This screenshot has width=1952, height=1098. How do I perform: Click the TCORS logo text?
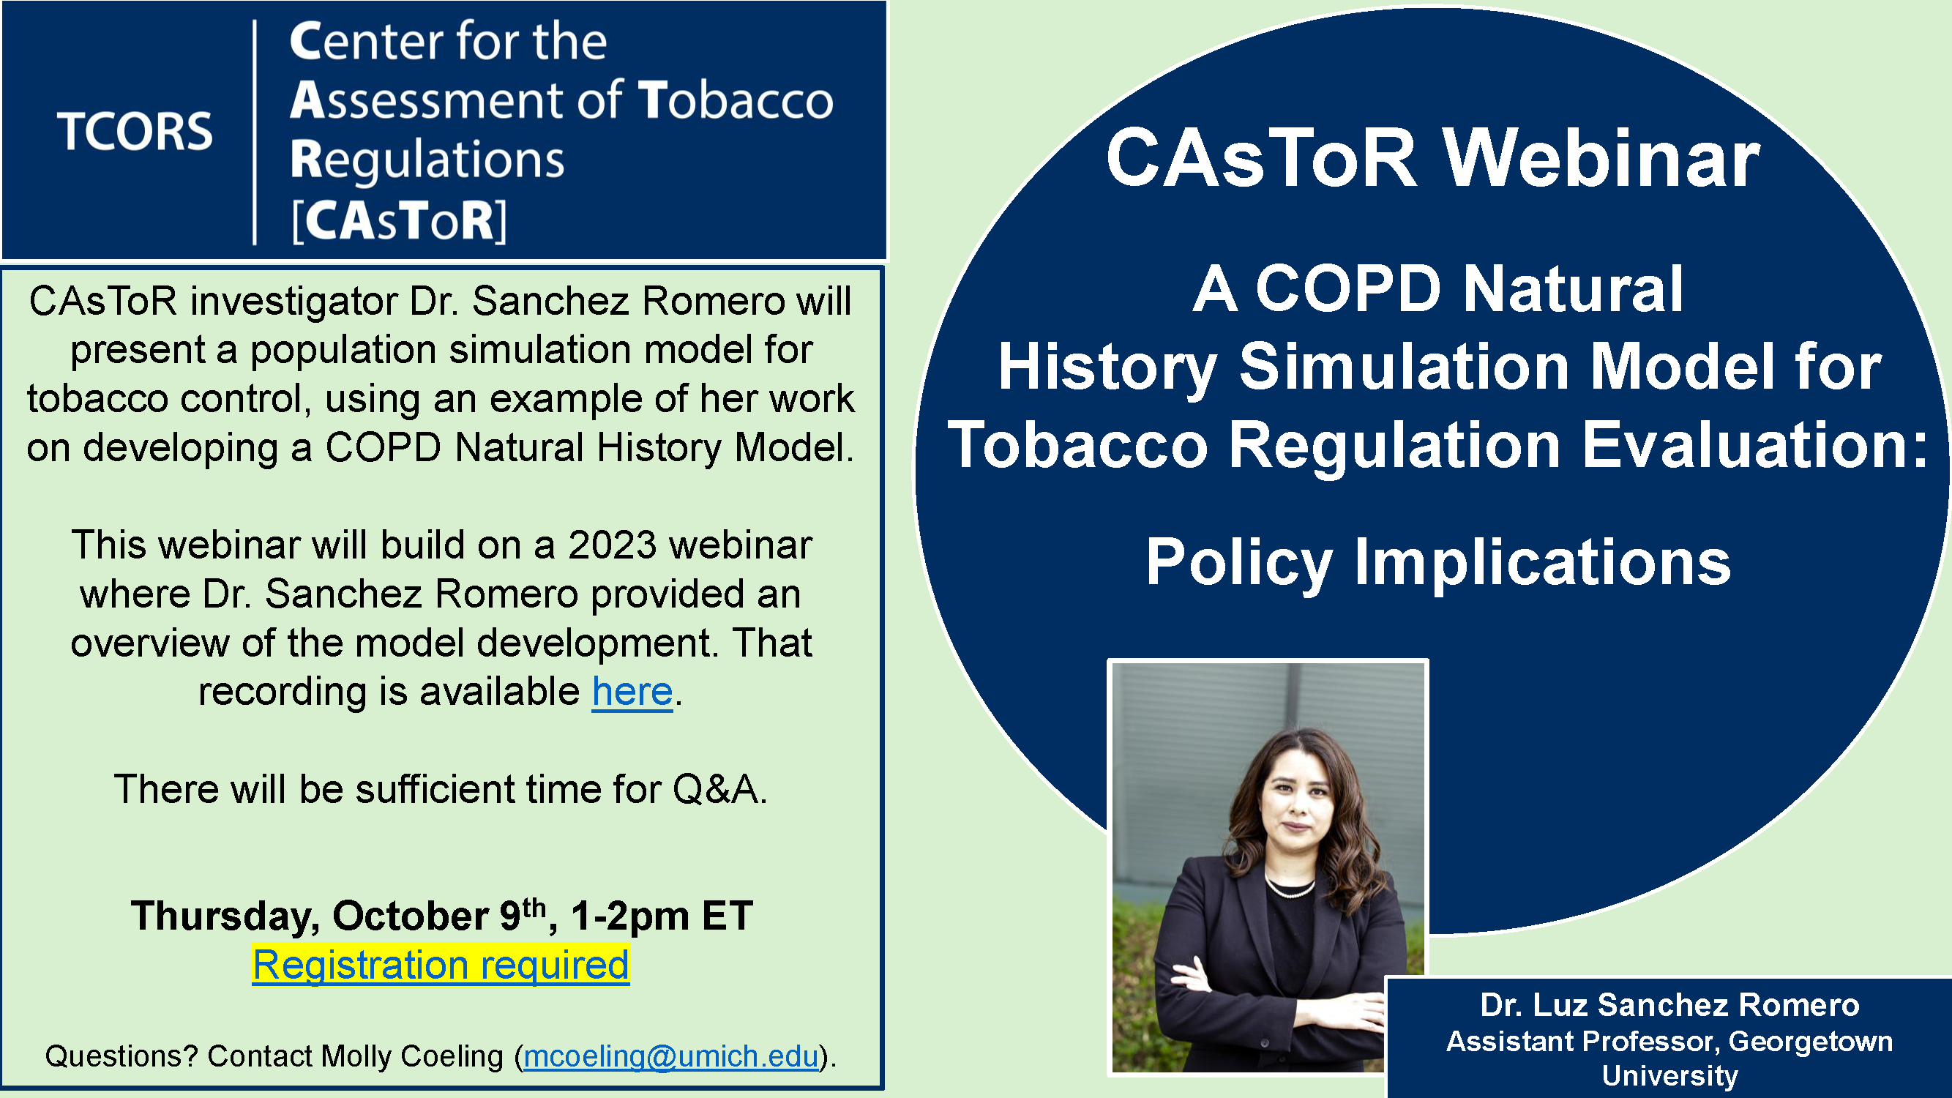[135, 131]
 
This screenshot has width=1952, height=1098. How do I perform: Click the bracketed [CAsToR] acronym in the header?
[400, 221]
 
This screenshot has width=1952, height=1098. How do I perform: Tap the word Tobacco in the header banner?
[736, 100]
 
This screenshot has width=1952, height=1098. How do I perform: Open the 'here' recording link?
[632, 691]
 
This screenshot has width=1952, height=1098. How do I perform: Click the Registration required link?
[441, 965]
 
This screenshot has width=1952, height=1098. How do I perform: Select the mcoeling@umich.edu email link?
[671, 1056]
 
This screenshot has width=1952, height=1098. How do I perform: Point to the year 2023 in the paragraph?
[613, 545]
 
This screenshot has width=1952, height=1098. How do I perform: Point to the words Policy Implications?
[1438, 563]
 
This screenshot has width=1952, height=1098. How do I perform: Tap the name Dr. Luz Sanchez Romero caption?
[1669, 1005]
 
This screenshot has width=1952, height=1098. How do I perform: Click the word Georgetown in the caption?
[1811, 1041]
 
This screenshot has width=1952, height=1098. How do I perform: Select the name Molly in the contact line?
[351, 1056]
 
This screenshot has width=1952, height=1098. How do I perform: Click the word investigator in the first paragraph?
[294, 302]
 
